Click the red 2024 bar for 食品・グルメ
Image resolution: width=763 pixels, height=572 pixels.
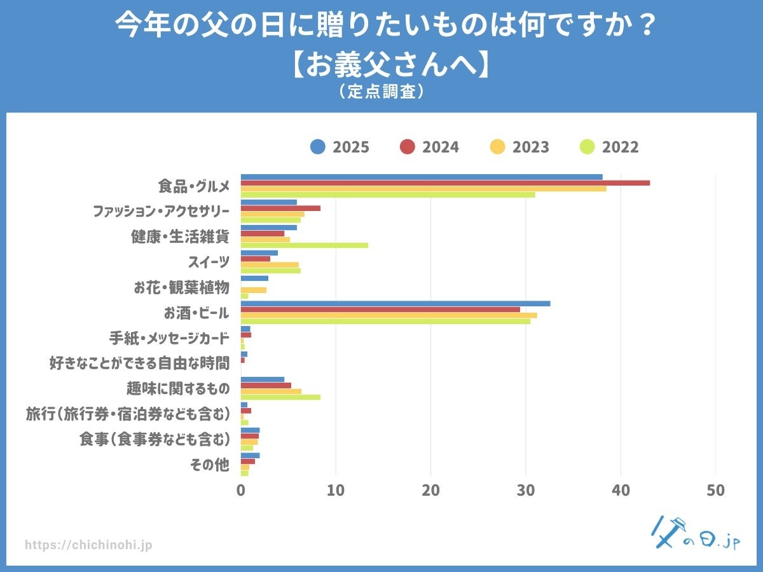445,183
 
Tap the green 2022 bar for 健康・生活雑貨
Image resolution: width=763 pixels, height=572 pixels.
304,245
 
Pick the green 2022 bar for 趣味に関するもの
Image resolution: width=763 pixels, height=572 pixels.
280,397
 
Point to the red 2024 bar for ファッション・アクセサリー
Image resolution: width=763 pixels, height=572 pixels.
280,208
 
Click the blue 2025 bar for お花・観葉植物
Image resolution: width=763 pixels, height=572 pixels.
254,278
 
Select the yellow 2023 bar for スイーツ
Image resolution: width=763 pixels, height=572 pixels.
270,265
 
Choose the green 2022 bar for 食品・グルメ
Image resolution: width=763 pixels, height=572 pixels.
388,194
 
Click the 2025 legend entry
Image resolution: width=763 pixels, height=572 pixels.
340,147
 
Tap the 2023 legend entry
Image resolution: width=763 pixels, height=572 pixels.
520,147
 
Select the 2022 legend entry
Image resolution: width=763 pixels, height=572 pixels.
610,147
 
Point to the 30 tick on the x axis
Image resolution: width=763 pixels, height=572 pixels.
526,491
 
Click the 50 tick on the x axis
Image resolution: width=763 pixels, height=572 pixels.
716,491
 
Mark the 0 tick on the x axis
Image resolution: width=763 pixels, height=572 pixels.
241,491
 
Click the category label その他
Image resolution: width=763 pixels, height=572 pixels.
210,465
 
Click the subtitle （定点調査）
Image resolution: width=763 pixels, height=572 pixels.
381,92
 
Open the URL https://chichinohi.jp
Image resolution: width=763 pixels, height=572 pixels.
89,545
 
